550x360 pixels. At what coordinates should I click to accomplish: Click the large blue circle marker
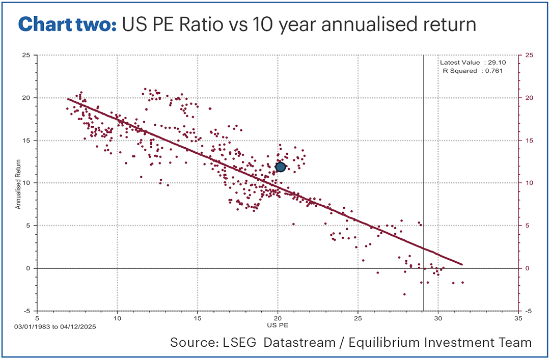(280, 167)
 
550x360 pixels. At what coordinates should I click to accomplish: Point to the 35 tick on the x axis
(518, 316)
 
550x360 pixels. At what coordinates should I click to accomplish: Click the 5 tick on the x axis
(38, 316)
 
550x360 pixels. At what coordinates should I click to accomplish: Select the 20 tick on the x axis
(278, 316)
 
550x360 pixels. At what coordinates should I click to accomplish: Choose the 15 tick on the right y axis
(528, 140)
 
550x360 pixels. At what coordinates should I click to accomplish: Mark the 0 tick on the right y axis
(527, 268)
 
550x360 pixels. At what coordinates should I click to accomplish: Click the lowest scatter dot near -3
(404, 294)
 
